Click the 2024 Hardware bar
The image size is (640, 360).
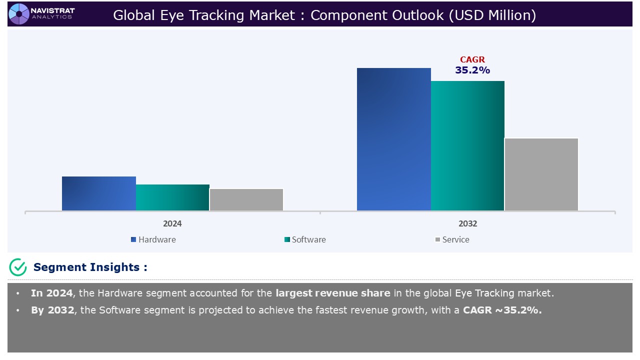[x=99, y=193]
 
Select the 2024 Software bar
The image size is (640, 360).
[x=172, y=197]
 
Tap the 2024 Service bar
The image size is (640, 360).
[x=246, y=199]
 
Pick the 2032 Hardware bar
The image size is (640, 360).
[x=393, y=139]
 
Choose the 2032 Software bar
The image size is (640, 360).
[x=467, y=146]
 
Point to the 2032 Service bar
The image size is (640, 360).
[x=541, y=174]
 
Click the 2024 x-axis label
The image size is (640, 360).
[x=172, y=223]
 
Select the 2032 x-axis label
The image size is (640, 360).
[x=467, y=223]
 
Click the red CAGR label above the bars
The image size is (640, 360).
[x=472, y=59]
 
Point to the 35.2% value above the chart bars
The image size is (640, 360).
[x=472, y=70]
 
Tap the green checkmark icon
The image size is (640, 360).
[x=18, y=267]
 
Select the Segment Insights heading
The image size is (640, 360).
[x=90, y=267]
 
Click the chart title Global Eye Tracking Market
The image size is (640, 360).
[x=324, y=15]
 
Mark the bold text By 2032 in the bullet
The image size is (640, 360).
[x=52, y=310]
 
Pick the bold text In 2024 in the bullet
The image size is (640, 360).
[x=51, y=293]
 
